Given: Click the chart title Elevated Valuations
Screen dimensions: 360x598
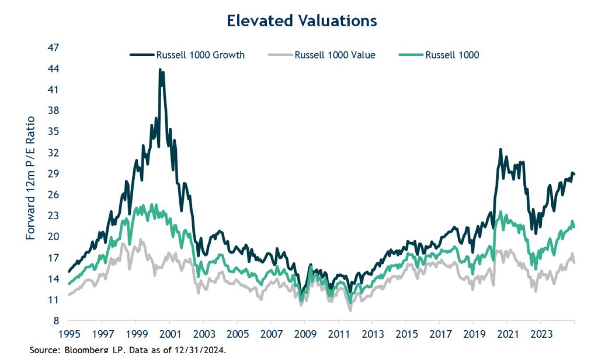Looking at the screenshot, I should point(301,20).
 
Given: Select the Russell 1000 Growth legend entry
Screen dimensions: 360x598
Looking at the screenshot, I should point(200,55).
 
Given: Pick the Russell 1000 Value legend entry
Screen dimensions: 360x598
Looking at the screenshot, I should point(335,55).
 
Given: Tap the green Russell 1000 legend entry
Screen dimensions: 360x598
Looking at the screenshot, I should point(452,55).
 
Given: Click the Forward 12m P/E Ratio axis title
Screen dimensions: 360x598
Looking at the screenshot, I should point(31,178).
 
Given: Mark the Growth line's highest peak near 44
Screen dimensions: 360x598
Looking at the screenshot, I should point(160,70).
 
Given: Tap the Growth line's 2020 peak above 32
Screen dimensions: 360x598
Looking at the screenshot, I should point(500,150).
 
